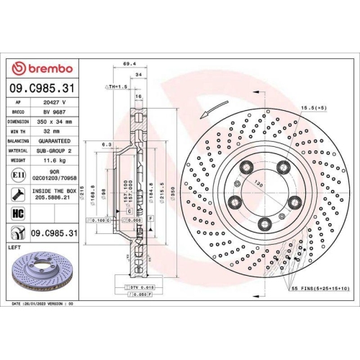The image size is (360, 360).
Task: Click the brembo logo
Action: (44, 68)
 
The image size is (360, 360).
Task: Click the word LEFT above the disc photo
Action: (14, 246)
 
